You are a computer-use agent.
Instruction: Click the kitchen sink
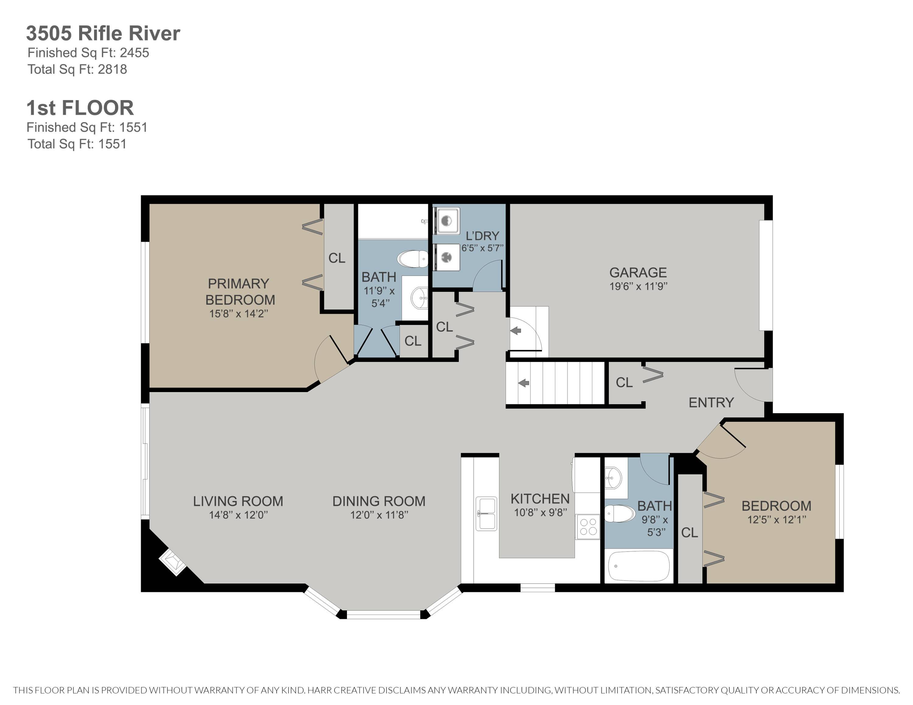coord(486,513)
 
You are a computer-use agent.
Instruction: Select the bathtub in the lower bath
coord(638,566)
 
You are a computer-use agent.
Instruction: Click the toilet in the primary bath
coord(413,259)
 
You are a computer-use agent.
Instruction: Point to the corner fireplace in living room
coord(173,562)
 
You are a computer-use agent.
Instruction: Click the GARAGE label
coord(638,272)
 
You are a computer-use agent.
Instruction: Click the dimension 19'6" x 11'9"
coord(638,287)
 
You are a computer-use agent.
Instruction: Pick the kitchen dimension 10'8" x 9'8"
coord(540,512)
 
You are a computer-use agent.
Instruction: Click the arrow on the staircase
coord(523,383)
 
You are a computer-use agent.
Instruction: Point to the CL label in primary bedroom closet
coord(337,258)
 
